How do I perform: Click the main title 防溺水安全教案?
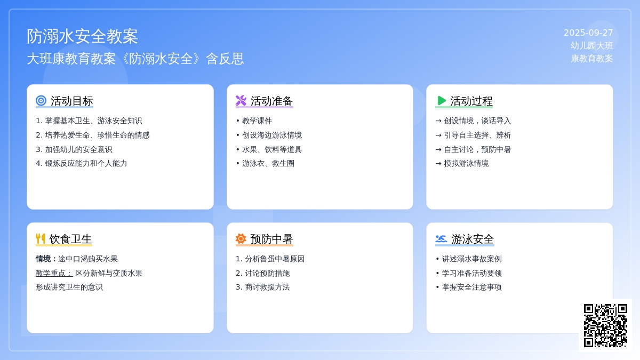click(82, 36)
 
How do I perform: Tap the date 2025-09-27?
click(588, 33)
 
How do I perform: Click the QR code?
click(605, 325)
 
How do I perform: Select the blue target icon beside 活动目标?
click(41, 101)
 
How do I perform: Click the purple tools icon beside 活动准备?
click(241, 101)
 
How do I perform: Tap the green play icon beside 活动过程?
click(442, 101)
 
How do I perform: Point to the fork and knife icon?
click(41, 238)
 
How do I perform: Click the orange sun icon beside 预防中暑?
click(241, 238)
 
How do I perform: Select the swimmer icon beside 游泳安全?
click(441, 238)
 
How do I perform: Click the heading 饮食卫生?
click(70, 239)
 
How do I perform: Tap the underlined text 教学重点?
click(54, 273)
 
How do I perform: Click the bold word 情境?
click(43, 259)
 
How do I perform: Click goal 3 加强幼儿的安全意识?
click(74, 149)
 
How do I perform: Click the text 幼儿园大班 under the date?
click(591, 46)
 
